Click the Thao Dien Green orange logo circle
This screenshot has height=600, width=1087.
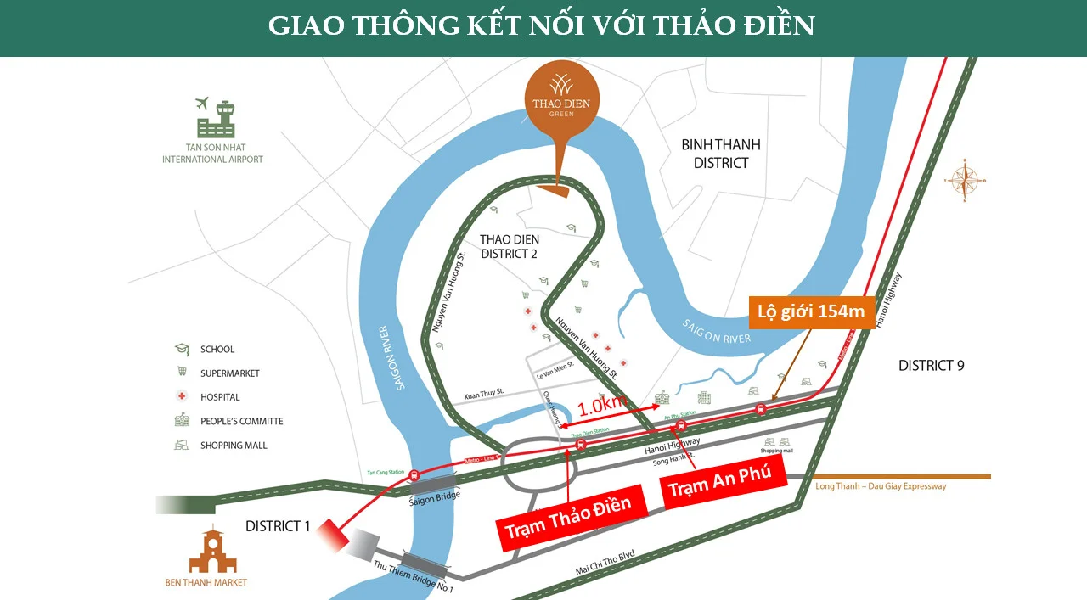[x=562, y=97]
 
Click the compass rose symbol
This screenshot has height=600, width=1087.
[x=965, y=180]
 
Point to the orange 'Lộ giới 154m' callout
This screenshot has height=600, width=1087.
[x=811, y=311]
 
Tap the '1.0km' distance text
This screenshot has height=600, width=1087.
[x=602, y=407]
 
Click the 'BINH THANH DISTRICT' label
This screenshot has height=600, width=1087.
[x=721, y=154]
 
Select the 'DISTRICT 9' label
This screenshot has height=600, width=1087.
[x=932, y=366]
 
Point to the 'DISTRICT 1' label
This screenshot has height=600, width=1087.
[x=278, y=526]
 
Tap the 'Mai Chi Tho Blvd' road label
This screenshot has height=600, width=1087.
[x=605, y=564]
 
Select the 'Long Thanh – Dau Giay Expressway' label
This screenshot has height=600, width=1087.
[x=881, y=486]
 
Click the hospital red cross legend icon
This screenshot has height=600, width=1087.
[x=181, y=396]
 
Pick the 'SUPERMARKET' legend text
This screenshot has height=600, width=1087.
[x=230, y=373]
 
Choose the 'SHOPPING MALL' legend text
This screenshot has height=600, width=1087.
[x=234, y=446]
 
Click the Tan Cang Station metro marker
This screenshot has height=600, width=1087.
[x=414, y=476]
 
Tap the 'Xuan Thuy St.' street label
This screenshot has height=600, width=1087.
[x=484, y=393]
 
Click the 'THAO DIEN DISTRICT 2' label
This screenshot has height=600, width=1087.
[x=510, y=247]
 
